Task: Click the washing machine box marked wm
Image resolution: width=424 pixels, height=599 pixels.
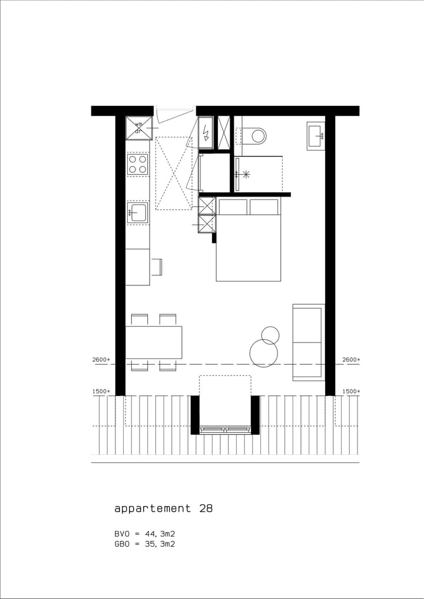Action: point(139,128)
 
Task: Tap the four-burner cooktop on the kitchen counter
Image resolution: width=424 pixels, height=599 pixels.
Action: point(138,164)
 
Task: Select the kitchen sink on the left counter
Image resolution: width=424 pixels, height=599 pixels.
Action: point(138,212)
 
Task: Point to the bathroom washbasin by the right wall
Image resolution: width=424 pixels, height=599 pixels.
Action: point(316,137)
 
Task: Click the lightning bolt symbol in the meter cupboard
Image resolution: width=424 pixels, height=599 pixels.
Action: point(206,135)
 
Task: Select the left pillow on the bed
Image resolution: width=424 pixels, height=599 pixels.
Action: point(233,207)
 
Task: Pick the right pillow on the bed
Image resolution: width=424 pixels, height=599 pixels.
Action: point(264,207)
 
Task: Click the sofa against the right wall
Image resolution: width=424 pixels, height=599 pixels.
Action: point(309,342)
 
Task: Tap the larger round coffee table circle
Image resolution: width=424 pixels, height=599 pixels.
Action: point(263,353)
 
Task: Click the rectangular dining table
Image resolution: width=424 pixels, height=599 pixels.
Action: point(154,342)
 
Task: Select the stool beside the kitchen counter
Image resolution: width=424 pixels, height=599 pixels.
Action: point(157,267)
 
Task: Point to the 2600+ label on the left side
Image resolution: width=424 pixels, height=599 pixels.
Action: point(101,360)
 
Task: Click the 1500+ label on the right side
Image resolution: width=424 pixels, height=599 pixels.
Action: point(352,391)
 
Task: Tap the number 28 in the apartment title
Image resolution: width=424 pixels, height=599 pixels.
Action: point(206,508)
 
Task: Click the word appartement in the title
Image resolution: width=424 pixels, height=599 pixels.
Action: point(153,508)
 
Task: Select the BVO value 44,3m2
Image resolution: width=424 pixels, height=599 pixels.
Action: point(160,534)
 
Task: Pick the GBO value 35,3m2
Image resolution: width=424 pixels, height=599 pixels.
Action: point(160,544)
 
